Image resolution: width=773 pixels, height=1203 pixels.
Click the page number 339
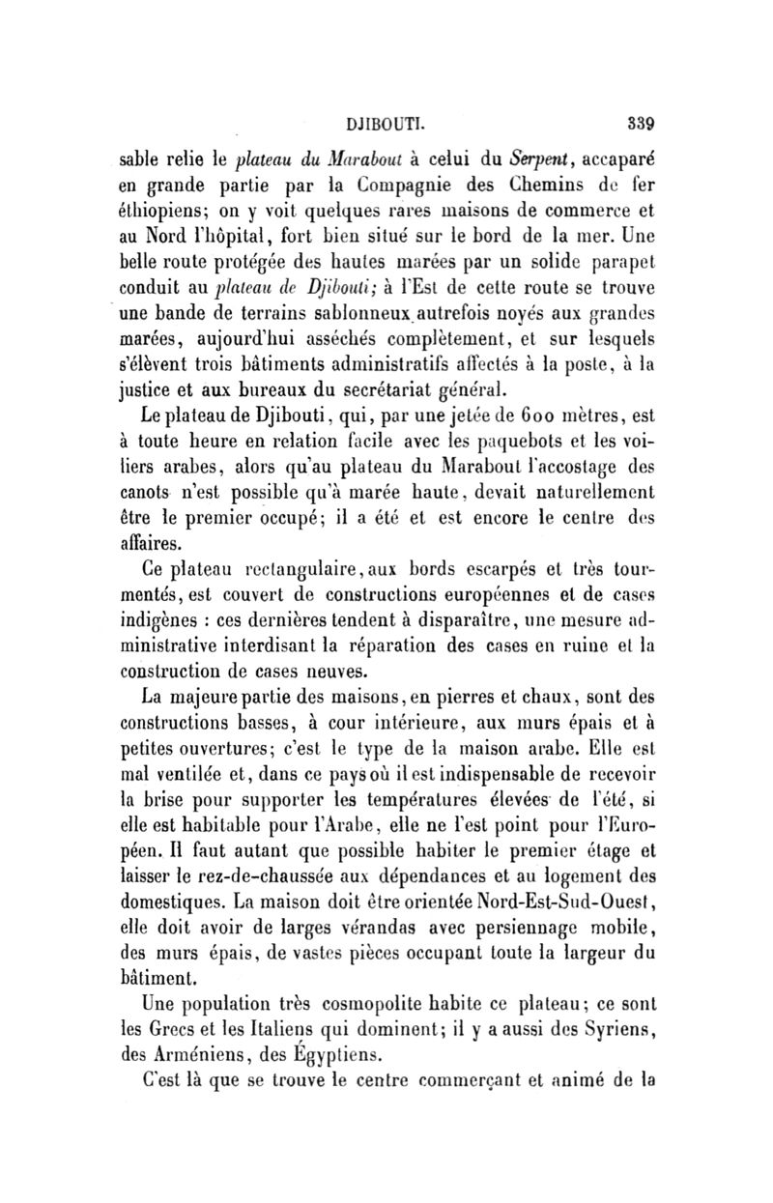641,124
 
